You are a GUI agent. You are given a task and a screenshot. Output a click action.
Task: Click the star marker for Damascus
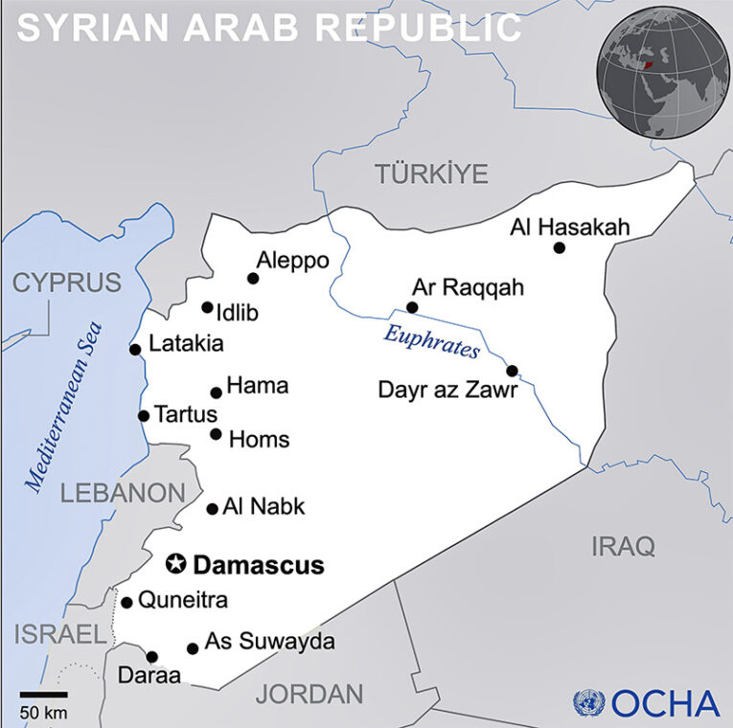click(176, 564)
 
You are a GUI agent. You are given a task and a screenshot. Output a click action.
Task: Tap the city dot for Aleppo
click(253, 279)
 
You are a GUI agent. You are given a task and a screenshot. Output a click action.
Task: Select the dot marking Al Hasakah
click(560, 248)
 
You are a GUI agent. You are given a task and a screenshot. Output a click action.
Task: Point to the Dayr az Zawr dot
click(512, 371)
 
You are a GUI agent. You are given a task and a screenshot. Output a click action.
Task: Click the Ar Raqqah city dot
click(412, 307)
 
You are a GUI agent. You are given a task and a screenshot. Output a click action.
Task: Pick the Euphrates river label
click(431, 341)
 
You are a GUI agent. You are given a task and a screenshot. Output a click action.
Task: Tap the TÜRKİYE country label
click(431, 174)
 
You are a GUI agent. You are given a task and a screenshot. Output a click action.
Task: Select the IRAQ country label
click(623, 547)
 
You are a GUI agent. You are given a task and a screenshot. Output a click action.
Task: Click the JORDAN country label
click(309, 694)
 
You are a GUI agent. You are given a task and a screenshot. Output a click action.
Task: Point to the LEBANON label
click(123, 493)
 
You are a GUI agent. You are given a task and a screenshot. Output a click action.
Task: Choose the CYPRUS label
click(67, 283)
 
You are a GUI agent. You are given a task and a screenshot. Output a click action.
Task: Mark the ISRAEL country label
click(58, 633)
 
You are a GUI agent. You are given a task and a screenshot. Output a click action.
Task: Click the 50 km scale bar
click(43, 694)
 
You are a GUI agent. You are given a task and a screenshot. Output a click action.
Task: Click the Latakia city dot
click(135, 349)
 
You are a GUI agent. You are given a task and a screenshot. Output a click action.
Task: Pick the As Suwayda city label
click(270, 642)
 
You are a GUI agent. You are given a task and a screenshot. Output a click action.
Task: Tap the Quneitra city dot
click(126, 603)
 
